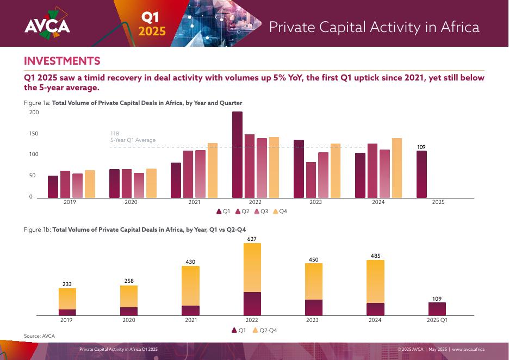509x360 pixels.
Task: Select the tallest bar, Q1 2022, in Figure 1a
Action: pos(237,154)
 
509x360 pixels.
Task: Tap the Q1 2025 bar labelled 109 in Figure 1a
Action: pos(421,174)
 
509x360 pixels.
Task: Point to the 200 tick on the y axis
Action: pos(34,113)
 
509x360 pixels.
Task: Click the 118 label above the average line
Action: pos(114,133)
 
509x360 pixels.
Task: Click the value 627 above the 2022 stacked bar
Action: pos(252,239)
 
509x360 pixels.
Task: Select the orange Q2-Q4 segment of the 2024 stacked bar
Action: pos(375,281)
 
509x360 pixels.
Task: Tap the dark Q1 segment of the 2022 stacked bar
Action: pos(252,303)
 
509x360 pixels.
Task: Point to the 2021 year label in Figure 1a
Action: pos(194,202)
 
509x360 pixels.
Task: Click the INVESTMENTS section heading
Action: pos(62,61)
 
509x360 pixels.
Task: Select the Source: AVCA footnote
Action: pos(39,336)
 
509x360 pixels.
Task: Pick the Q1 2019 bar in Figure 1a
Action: pos(53,187)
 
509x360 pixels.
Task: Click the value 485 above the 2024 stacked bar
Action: pos(375,256)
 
